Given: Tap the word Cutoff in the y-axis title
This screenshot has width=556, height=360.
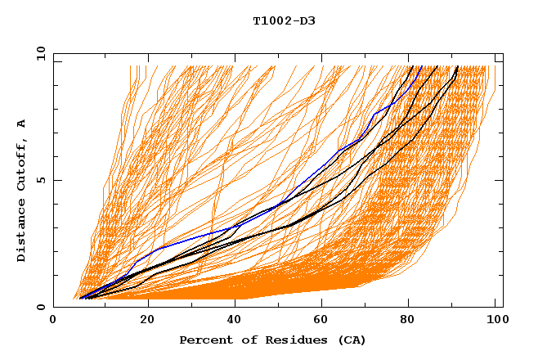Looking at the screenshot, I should click(x=21, y=162).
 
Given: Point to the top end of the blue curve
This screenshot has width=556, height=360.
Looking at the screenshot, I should click(x=421, y=67).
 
